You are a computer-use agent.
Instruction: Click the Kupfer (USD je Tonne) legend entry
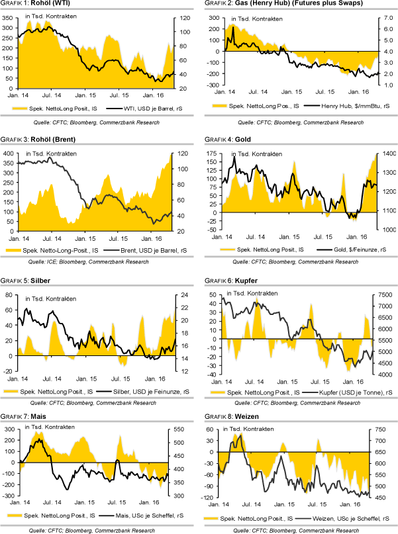pyautogui.click(x=351, y=392)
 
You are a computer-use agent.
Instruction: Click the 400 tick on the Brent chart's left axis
pyautogui.click(x=9, y=154)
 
